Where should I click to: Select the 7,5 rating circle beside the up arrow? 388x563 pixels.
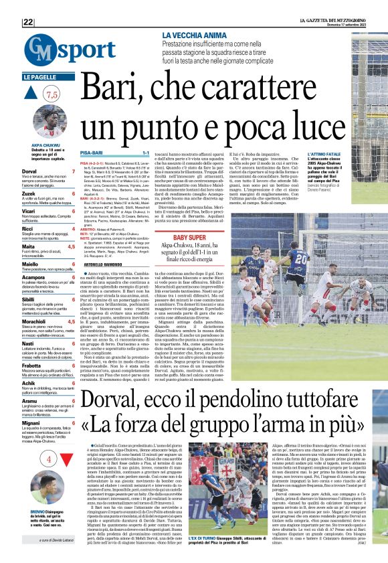(52, 94)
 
